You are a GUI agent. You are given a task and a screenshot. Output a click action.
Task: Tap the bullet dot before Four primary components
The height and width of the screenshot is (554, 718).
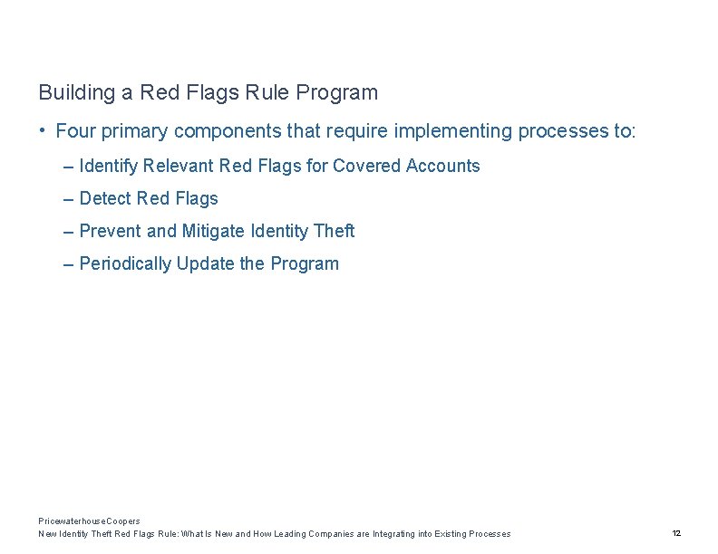tap(43, 130)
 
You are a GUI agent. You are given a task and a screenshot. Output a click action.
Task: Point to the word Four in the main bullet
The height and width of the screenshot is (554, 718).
tap(75, 131)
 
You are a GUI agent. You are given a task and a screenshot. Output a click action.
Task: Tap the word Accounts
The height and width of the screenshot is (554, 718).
tap(443, 166)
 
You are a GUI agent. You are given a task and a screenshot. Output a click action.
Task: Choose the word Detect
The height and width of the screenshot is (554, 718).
tap(105, 198)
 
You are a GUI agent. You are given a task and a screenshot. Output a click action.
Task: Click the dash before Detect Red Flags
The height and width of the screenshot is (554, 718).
tap(69, 198)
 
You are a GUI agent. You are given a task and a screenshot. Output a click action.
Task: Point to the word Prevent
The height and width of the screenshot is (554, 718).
tap(111, 231)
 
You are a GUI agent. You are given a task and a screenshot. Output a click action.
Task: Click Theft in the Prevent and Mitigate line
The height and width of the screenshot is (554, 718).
tap(334, 231)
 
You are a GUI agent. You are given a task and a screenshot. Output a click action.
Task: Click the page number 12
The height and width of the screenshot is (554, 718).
tap(676, 533)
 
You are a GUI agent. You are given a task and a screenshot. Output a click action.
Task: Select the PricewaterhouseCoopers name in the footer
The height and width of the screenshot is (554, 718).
tap(89, 521)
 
